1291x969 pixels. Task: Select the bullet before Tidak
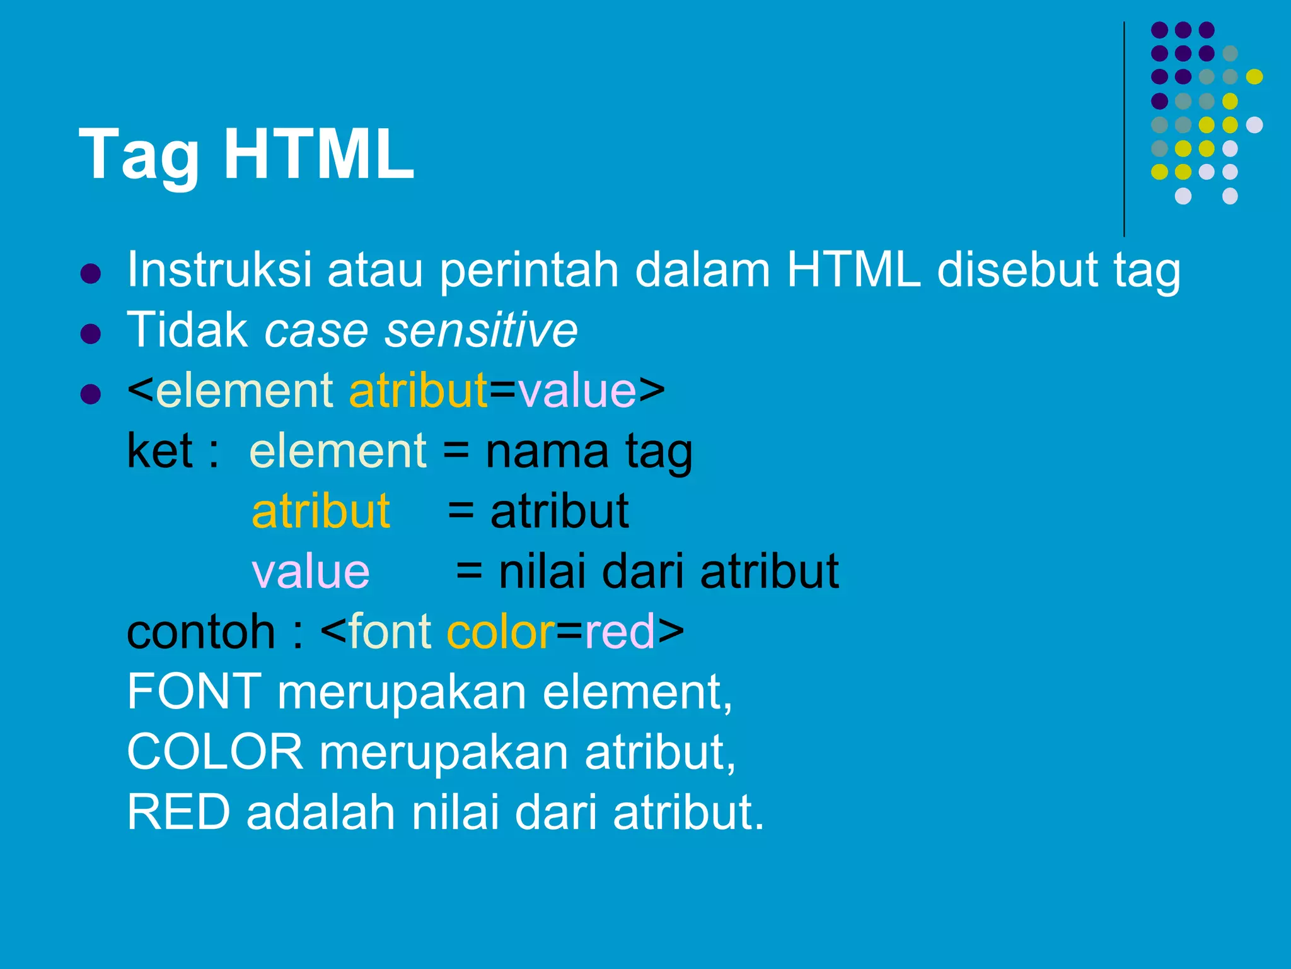[x=91, y=334]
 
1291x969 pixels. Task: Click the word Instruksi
[x=219, y=270]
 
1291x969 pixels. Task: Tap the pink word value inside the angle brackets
[x=577, y=391]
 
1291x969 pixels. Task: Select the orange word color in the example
[x=501, y=632]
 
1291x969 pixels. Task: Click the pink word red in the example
[x=620, y=632]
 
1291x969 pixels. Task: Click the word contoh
[x=201, y=632]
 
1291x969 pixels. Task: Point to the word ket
[x=159, y=451]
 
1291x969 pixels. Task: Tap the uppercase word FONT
[x=194, y=692]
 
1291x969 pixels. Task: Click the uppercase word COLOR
[x=215, y=753]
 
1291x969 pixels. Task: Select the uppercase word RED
[x=178, y=813]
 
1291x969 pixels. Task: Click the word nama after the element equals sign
[x=547, y=452]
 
